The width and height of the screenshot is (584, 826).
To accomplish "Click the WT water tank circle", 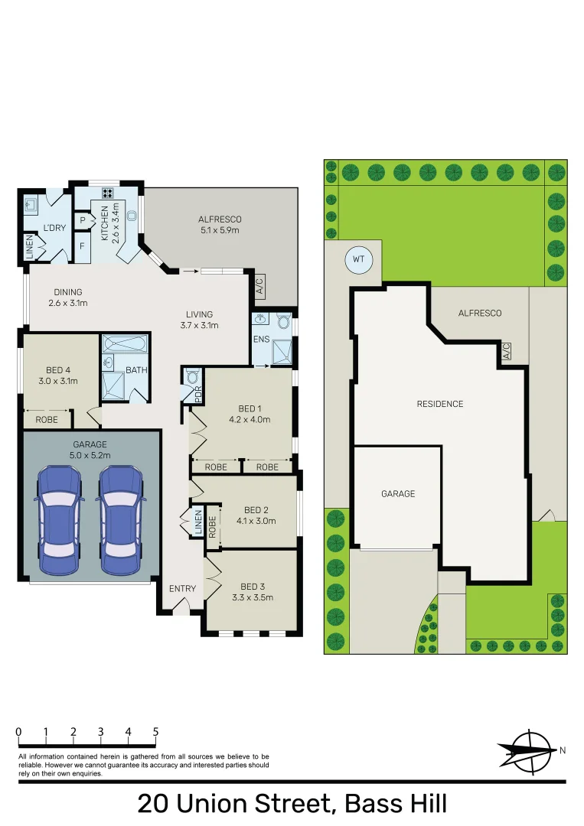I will (357, 259).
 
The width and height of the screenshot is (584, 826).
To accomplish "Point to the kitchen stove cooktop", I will (108, 193).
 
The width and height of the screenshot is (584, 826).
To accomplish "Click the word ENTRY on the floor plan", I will (182, 589).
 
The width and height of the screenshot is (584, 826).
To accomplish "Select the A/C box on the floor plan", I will (259, 286).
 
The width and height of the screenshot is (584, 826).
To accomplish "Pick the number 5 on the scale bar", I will (155, 732).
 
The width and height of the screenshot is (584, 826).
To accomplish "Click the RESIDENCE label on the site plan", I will (440, 404).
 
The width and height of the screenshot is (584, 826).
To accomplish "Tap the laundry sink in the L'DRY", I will (31, 204).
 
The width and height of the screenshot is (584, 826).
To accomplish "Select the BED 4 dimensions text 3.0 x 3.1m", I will (59, 380).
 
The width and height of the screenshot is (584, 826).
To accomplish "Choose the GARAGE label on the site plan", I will (398, 494).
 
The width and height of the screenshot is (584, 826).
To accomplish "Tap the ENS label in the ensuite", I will (261, 338).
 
